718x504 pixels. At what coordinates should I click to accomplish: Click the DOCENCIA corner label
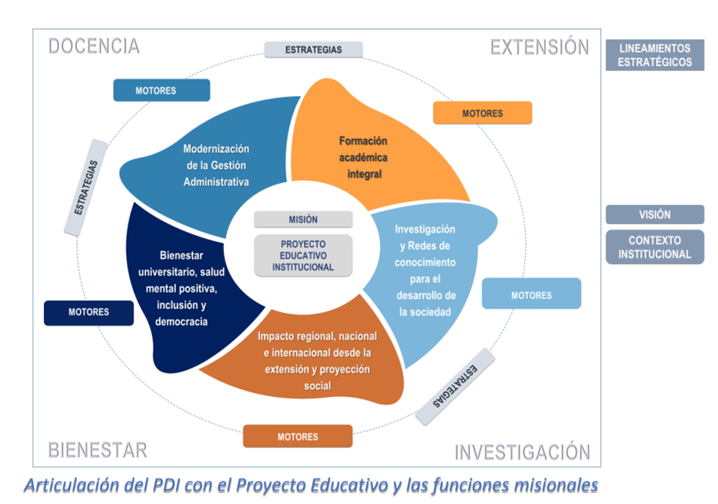[94, 46]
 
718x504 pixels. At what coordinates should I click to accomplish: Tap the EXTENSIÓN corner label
[539, 47]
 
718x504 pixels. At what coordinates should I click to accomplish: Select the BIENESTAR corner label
[98, 451]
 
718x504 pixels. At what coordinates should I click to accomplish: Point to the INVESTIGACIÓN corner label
[522, 453]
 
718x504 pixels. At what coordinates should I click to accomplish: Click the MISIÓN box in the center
[303, 219]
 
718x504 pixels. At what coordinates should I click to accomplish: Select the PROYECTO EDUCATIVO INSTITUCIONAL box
[303, 255]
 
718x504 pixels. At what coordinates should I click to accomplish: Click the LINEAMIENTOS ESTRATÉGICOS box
[654, 55]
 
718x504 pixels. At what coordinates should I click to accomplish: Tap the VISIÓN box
[654, 215]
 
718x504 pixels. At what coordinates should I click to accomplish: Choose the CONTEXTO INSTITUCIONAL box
[654, 247]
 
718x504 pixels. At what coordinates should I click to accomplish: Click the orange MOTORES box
[482, 113]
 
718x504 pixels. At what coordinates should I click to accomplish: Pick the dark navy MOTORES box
[89, 312]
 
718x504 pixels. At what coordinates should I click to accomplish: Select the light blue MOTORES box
[531, 295]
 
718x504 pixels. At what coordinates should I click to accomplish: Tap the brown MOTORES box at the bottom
[297, 437]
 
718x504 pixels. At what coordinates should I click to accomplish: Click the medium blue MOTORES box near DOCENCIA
[161, 91]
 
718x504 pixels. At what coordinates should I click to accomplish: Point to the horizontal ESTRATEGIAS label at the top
[313, 50]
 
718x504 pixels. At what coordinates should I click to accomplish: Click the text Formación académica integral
[363, 157]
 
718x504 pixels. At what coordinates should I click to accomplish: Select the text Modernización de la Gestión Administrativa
[216, 165]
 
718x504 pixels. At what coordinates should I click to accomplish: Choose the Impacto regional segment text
[317, 360]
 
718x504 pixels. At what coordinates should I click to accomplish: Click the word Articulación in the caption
[70, 484]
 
